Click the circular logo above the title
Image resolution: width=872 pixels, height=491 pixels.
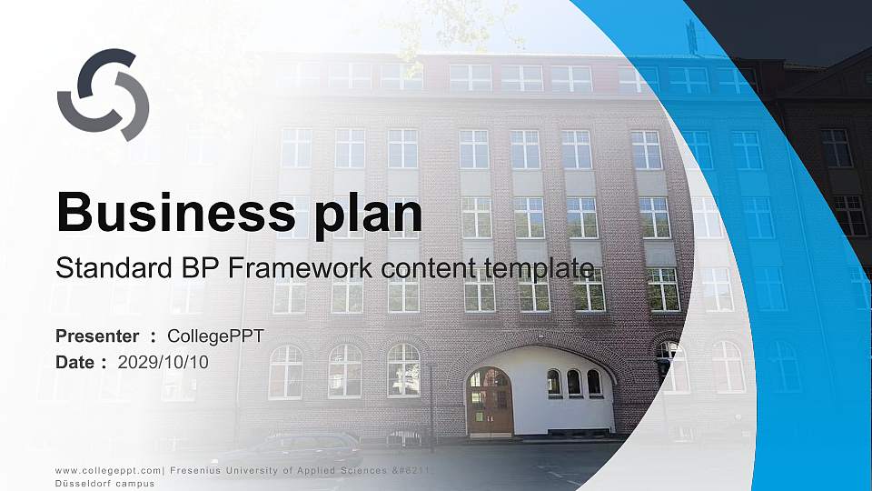click(103, 95)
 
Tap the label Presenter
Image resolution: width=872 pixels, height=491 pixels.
click(97, 336)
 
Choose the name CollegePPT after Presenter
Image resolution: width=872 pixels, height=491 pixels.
click(216, 336)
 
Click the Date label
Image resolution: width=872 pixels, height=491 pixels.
click(75, 362)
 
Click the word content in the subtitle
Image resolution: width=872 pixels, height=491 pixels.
click(419, 268)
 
